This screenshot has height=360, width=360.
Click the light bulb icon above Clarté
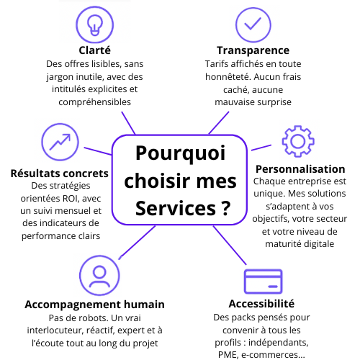[95, 25]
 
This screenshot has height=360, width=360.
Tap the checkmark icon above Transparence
[253, 25]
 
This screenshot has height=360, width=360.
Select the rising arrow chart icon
[60, 142]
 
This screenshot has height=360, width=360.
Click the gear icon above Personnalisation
[298, 141]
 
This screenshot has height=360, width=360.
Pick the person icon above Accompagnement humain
[99, 276]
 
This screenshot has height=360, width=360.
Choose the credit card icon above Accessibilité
[263, 282]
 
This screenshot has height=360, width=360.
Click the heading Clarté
[95, 50]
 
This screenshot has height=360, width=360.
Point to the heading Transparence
[253, 50]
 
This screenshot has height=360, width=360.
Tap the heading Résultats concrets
[60, 174]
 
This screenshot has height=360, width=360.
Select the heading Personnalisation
[300, 169]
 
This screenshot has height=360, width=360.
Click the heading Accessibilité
[261, 304]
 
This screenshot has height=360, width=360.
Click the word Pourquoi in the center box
[181, 153]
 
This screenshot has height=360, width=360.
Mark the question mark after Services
[225, 208]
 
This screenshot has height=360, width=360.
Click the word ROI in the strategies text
[72, 199]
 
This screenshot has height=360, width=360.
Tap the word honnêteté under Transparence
[228, 77]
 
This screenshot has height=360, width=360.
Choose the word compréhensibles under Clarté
[95, 102]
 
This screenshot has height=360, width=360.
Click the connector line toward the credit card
[230, 245]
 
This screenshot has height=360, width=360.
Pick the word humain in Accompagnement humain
[144, 305]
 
